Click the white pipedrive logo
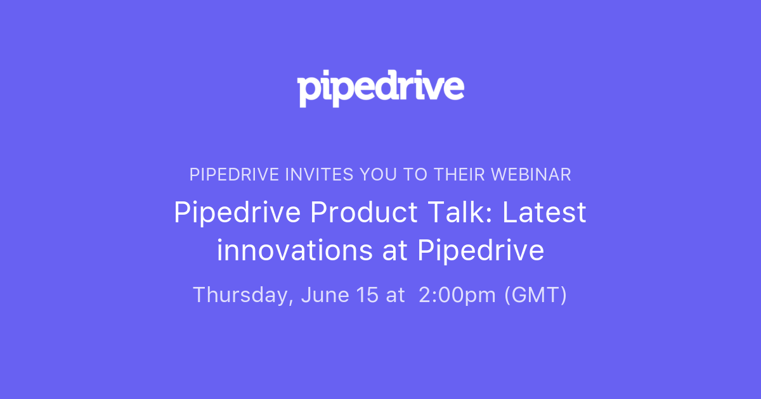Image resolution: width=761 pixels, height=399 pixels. tap(380, 89)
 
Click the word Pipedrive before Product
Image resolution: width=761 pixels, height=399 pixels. tap(237, 213)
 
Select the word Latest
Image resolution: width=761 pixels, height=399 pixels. tap(545, 213)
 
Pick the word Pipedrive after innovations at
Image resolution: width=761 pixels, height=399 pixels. tap(481, 251)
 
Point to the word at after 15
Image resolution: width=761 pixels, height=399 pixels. tap(395, 295)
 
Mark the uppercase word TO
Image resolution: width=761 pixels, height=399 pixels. tap(417, 175)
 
